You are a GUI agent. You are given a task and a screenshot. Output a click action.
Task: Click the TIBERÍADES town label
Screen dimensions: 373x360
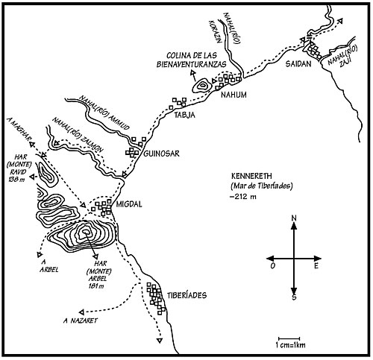click(x=186, y=295)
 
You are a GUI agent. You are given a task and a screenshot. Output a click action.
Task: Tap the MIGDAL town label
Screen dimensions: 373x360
click(x=129, y=204)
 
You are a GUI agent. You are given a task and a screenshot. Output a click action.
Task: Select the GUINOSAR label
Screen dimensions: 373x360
click(x=162, y=154)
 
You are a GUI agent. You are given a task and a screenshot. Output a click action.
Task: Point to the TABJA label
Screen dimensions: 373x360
click(x=184, y=115)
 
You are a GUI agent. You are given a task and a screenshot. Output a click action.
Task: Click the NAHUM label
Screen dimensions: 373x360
click(x=233, y=95)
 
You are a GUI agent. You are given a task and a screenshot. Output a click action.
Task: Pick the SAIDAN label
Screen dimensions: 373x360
click(x=298, y=64)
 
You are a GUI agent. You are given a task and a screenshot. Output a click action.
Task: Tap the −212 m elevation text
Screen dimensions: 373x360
click(x=243, y=197)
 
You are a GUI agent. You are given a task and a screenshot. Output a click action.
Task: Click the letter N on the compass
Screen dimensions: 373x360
click(x=294, y=218)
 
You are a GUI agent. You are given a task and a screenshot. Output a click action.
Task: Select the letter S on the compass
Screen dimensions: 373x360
click(x=294, y=297)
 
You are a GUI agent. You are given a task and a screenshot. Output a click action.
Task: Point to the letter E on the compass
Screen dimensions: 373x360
click(x=316, y=266)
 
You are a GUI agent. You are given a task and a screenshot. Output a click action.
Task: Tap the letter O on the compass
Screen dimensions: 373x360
click(x=273, y=266)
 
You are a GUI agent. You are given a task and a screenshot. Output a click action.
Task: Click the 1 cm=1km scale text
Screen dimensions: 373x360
click(x=290, y=345)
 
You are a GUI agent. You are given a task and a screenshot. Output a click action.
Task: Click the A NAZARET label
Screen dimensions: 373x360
click(x=80, y=320)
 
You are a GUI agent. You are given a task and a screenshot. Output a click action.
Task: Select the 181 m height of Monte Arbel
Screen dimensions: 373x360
click(x=96, y=286)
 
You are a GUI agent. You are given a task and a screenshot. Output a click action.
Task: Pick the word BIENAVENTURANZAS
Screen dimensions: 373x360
click(x=192, y=64)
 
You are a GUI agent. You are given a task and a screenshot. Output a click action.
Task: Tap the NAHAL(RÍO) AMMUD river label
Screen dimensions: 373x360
click(x=104, y=113)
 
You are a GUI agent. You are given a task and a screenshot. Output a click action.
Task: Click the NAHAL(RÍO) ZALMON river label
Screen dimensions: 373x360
click(x=77, y=135)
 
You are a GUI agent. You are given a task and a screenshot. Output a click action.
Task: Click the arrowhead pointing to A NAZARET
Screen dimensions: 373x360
click(x=81, y=312)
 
